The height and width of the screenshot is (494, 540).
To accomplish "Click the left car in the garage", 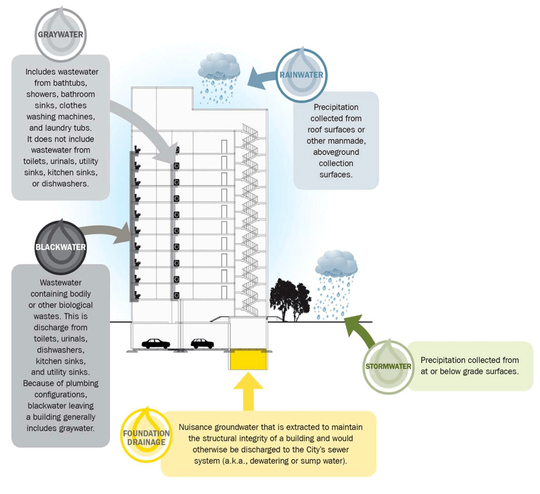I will (156, 343).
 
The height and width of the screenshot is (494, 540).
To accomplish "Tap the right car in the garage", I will (202, 342).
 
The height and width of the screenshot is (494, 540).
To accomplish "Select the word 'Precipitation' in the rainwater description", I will (336, 107).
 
